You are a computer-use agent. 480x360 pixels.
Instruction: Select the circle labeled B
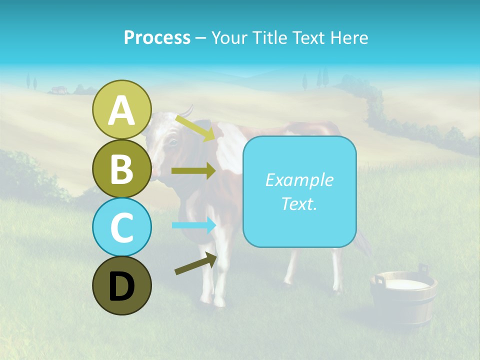[x=121, y=168]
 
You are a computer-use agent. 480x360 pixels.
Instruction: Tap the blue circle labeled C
[x=121, y=227]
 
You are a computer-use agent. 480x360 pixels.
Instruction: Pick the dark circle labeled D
[x=121, y=285]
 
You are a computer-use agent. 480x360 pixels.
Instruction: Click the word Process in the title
[x=157, y=37]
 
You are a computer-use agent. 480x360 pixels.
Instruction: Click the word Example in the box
[x=299, y=180]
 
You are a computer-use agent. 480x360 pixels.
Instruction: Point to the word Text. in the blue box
[x=299, y=203]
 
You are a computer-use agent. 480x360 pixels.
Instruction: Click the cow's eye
[x=172, y=142]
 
